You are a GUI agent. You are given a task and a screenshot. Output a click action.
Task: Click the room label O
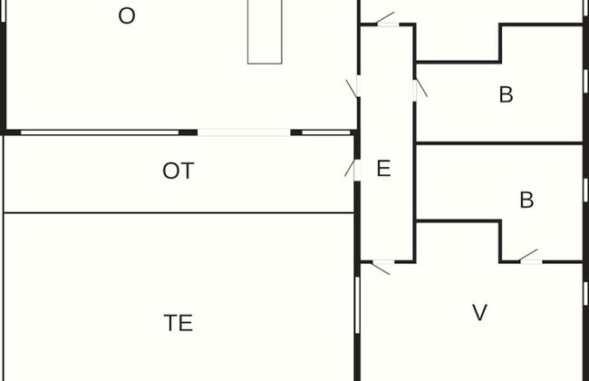pos(127,16)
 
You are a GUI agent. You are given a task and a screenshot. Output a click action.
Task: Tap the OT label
pos(179,171)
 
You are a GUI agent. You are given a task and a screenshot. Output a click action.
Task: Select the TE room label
pos(179,322)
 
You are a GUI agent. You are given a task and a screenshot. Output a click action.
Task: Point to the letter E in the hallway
pos(383,169)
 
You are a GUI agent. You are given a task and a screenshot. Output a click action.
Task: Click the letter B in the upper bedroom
pos(506,94)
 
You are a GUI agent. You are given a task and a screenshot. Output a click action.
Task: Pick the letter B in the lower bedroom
pos(526,200)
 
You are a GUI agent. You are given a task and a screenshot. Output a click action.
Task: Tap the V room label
pos(480,313)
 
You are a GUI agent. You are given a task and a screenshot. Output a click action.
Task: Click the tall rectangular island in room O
pos(265,31)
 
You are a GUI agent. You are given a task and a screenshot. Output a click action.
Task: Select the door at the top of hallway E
pos(387,22)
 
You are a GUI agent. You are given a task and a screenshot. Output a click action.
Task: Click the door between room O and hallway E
pos(355,86)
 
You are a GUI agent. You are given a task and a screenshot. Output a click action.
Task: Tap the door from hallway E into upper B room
pos(417,90)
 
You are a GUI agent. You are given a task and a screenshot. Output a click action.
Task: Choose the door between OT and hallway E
pos(355,169)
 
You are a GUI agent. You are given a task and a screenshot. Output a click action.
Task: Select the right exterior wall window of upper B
pos(585,80)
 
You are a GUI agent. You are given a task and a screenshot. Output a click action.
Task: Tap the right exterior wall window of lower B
pos(585,189)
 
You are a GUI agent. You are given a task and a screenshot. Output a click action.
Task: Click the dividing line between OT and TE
pos(179,213)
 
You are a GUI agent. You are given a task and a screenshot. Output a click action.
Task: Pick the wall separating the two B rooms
pos(498,143)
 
